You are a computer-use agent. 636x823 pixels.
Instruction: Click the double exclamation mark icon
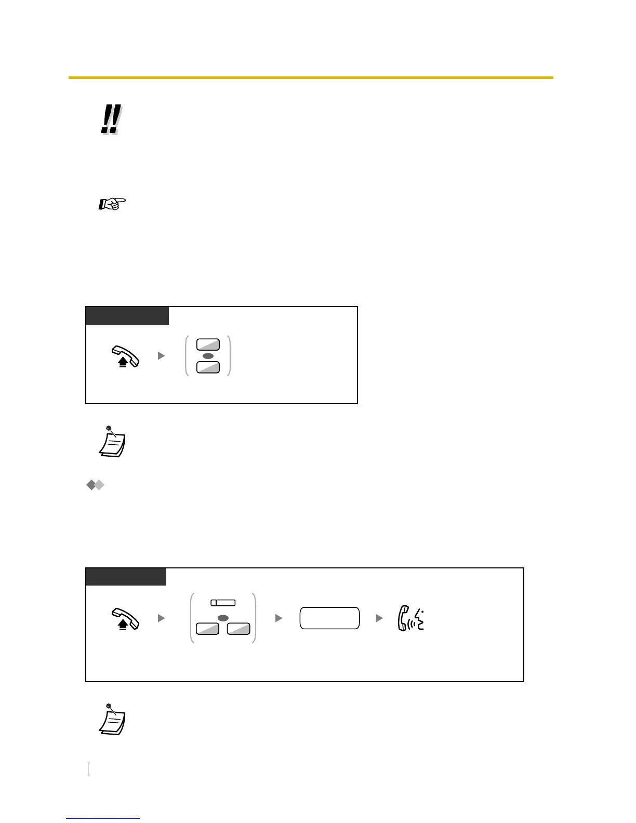(111, 120)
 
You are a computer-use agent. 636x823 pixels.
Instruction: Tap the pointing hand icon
(112, 204)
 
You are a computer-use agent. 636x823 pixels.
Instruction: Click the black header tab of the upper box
(127, 316)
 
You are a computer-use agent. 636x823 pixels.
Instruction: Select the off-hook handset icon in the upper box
(125, 357)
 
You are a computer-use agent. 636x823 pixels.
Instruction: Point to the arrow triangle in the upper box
(161, 356)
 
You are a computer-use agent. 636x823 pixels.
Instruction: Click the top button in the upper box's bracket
(208, 344)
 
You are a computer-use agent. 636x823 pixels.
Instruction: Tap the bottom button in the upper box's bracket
(208, 367)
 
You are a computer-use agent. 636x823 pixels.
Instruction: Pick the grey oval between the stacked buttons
(208, 356)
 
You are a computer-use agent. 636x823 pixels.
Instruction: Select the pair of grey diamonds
(96, 485)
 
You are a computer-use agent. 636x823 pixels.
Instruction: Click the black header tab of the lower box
(126, 577)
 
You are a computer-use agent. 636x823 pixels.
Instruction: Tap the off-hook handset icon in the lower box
(125, 619)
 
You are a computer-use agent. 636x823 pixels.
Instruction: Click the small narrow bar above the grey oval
(223, 603)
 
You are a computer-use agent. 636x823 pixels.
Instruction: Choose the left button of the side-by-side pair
(207, 629)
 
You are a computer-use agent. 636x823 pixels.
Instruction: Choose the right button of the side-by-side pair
(239, 629)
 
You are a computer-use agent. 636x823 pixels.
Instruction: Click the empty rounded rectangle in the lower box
(329, 618)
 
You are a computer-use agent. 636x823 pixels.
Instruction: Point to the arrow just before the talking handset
(379, 618)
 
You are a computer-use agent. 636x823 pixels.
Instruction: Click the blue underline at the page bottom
(103, 819)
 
